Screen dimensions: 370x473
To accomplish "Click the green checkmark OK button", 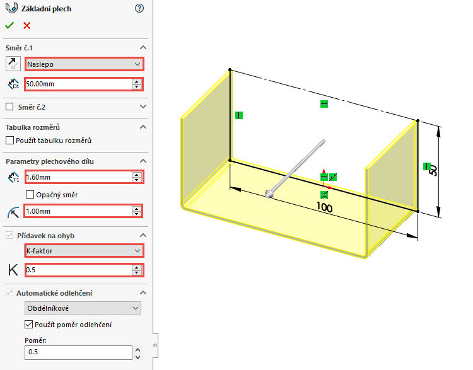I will coord(9,25).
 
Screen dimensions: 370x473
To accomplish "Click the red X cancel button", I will coord(26,25).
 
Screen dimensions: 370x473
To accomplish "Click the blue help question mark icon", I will coord(139,8).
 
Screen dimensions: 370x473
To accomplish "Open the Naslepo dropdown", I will coord(84,64).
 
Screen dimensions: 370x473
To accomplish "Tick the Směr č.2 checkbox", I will coord(9,107).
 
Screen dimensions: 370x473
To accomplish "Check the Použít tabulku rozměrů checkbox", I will coord(9,140).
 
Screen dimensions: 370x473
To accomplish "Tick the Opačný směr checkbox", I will coord(30,195).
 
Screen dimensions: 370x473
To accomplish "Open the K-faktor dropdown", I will coord(84,250).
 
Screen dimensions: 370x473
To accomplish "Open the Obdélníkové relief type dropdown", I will coord(83,308).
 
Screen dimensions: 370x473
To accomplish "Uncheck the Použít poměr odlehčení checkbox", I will coord(28,325).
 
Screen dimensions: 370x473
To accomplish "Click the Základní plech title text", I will coord(46,8).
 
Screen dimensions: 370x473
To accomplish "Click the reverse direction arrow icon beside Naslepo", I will coord(12,64).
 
